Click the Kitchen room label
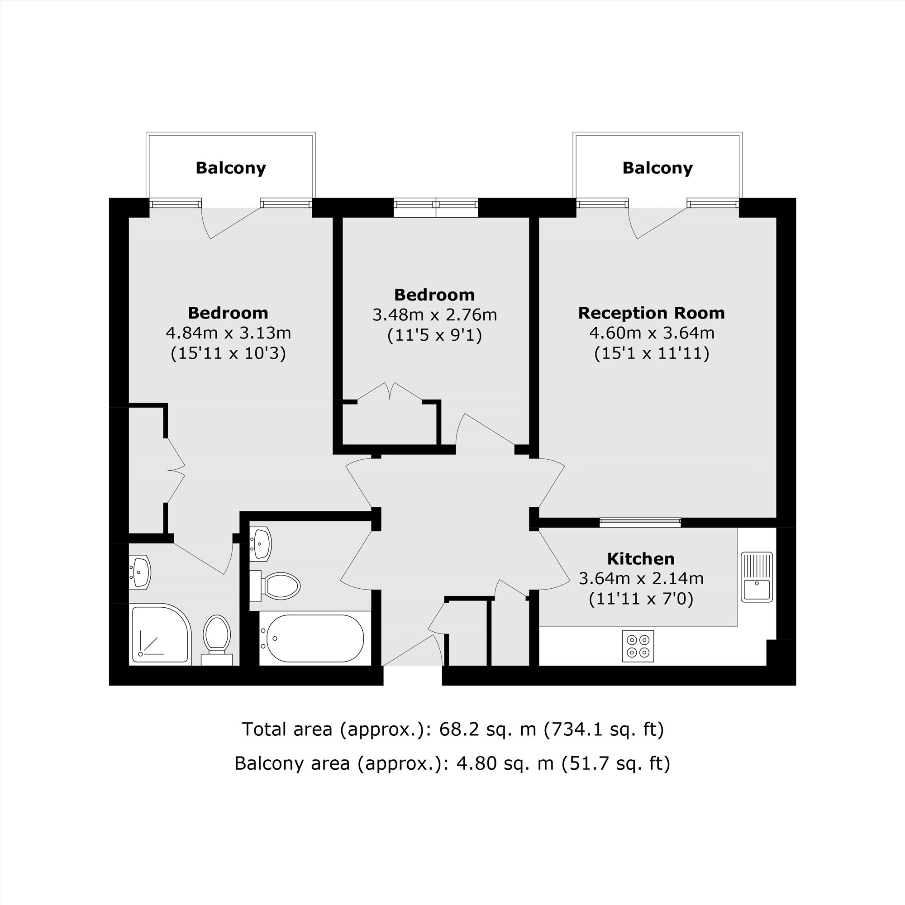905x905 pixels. pos(640,559)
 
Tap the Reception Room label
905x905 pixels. pos(651,313)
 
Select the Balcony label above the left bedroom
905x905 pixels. pos(230,168)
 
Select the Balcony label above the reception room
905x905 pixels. pos(657,168)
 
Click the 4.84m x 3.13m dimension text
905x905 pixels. pos(228,333)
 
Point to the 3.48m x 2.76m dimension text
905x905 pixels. pos(434,315)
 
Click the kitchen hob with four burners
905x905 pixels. pos(638,647)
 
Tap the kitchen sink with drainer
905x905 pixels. pos(757,576)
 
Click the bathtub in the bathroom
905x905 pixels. pos(315,638)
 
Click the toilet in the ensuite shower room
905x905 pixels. pos(217,638)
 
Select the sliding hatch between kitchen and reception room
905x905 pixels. pos(640,522)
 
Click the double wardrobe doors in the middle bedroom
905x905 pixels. pos(390,391)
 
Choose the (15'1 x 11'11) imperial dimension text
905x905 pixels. pos(651,353)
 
